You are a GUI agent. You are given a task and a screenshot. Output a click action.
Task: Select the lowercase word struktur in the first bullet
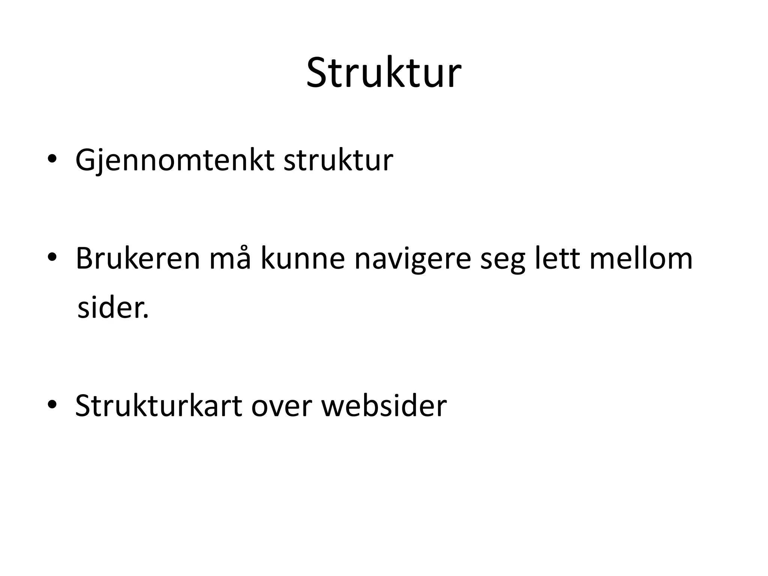pos(338,160)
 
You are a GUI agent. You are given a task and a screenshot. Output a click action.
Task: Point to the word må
pos(229,258)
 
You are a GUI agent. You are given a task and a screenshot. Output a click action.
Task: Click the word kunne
pos(302,258)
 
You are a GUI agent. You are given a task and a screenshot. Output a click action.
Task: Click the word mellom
pos(641,258)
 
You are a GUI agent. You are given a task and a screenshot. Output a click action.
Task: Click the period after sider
pos(145,317)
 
